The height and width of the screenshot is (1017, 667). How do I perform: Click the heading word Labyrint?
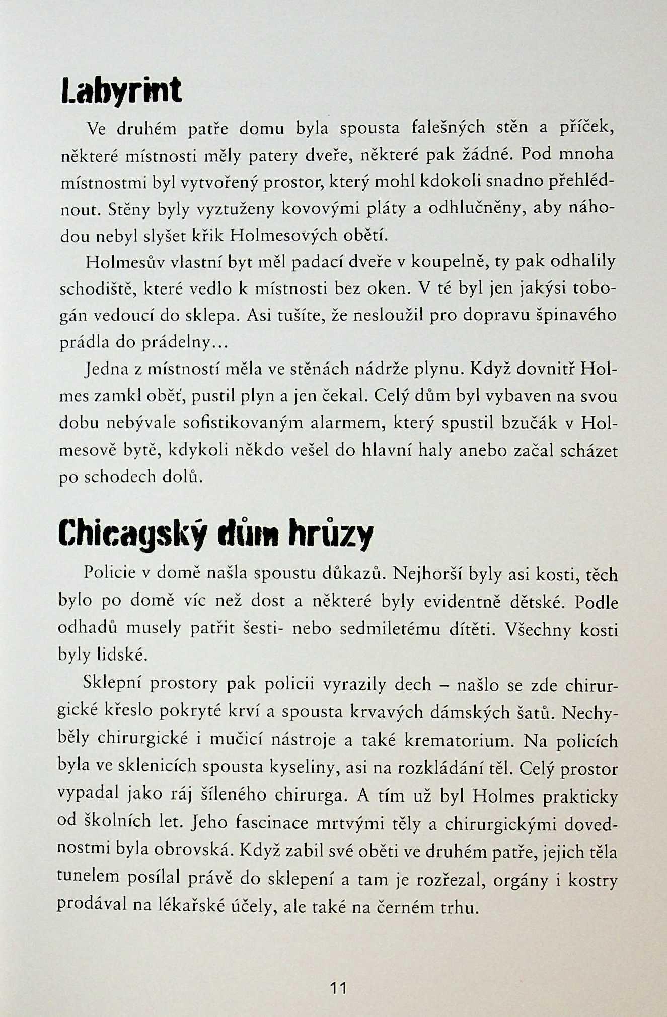tap(120, 91)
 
